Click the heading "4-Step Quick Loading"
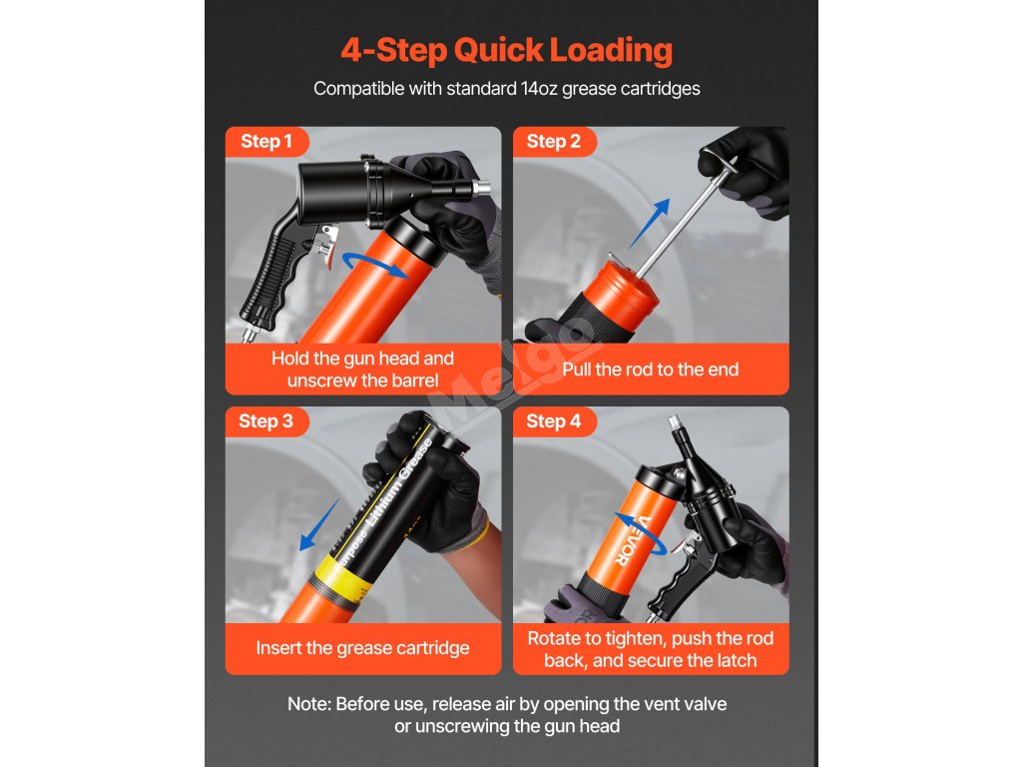[x=506, y=50]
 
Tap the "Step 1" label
[x=265, y=141]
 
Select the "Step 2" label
[x=553, y=141]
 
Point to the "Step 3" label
[x=265, y=421]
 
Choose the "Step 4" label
[x=553, y=421]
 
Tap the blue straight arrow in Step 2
[x=649, y=224]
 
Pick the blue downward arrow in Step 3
[x=319, y=525]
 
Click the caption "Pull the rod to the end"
[x=651, y=370]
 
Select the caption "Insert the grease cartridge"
[x=362, y=647]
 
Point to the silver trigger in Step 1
[x=326, y=247]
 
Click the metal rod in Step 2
[x=681, y=222]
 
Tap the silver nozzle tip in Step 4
[x=675, y=423]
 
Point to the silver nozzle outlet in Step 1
[x=481, y=189]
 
